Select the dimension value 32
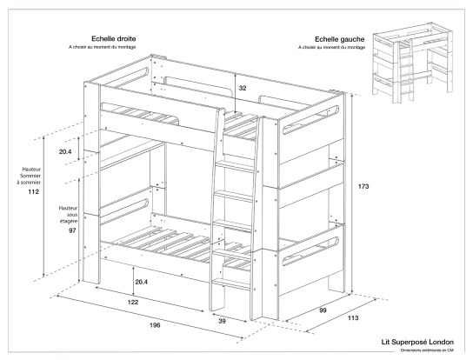[243, 88]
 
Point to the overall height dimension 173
[364, 187]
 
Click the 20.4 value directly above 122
[140, 280]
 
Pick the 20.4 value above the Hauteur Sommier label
[66, 151]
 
